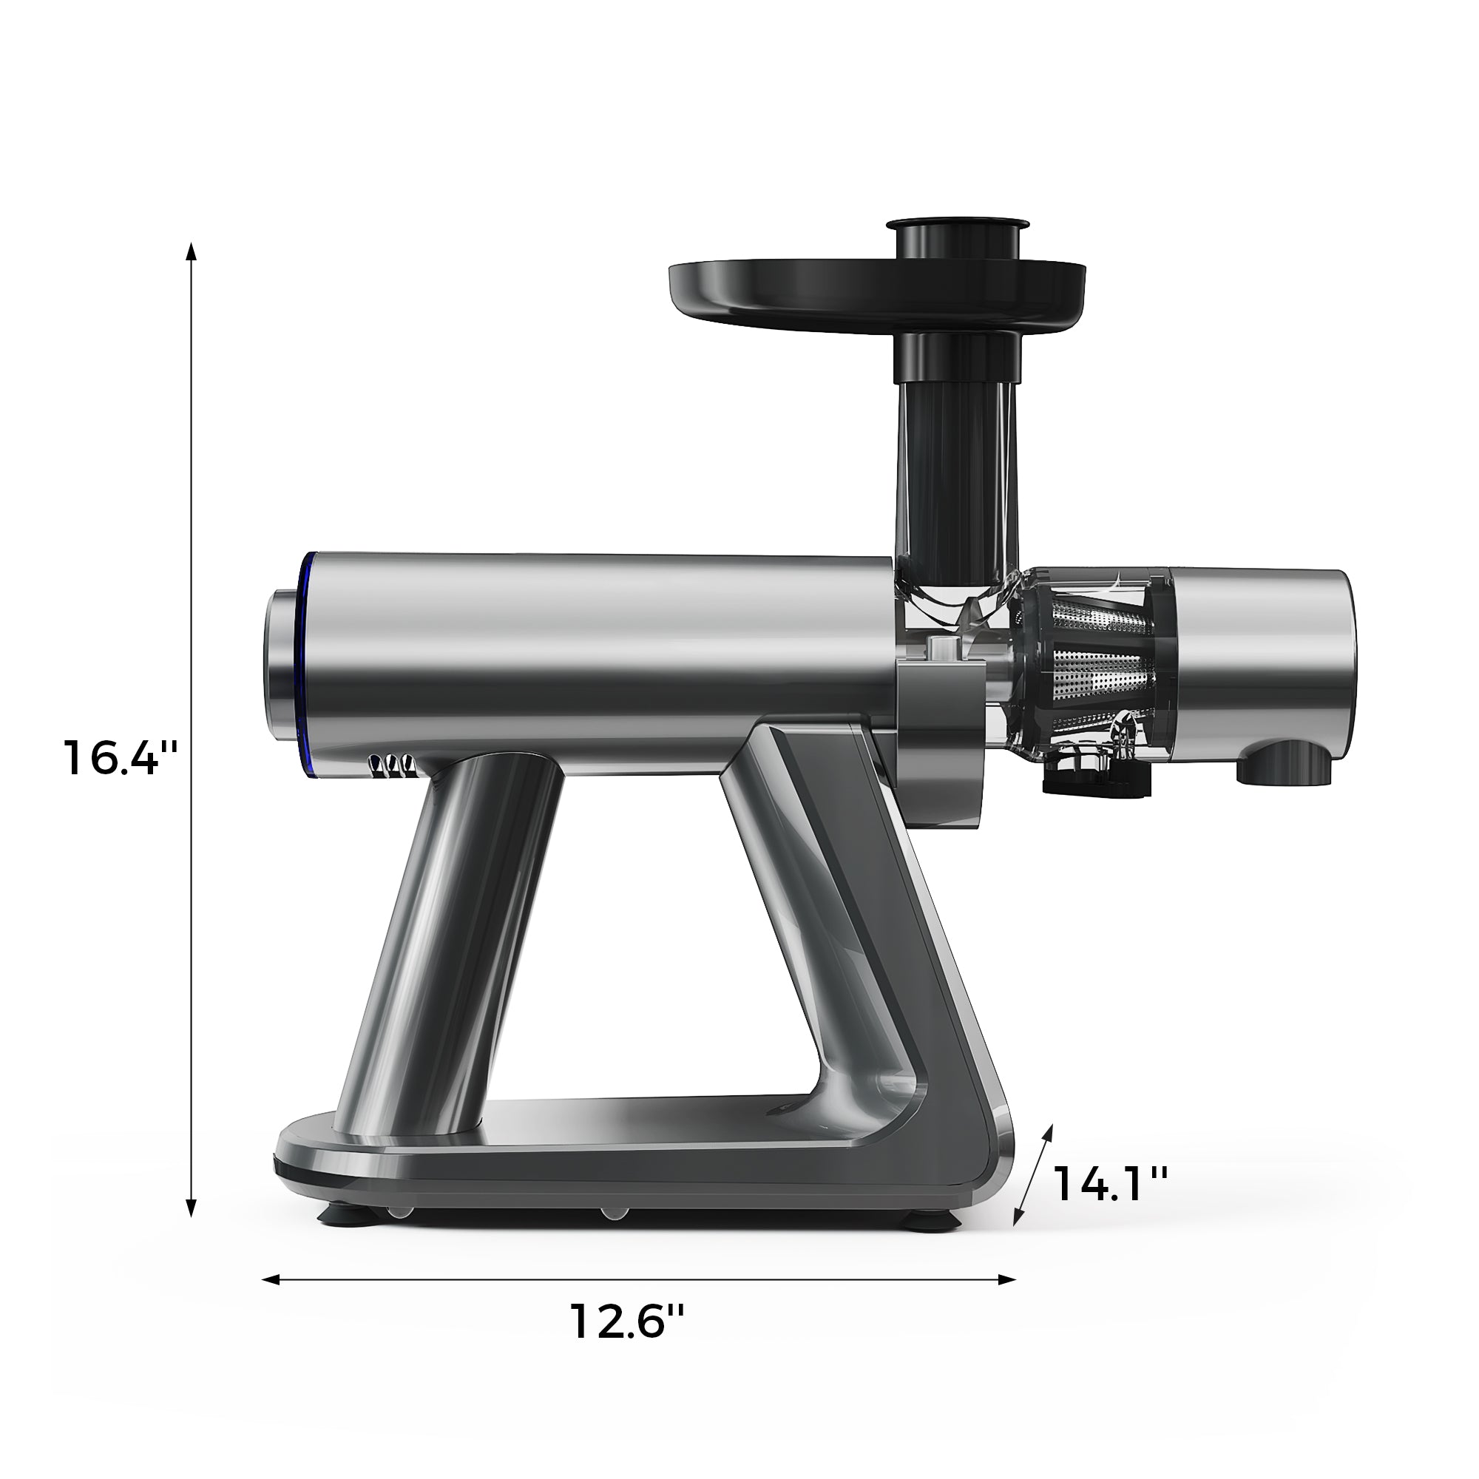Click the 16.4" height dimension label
click(121, 758)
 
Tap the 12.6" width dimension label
click(626, 1323)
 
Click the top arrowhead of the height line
click(192, 251)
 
